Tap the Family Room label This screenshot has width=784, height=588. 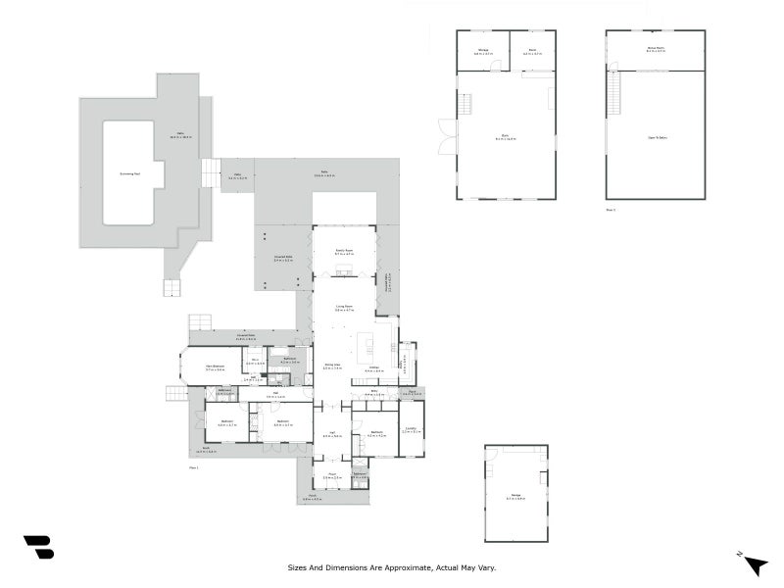coord(343,252)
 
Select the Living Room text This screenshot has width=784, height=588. coord(343,308)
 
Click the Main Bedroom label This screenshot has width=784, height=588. coord(215,368)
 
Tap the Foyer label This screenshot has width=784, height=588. coord(332,476)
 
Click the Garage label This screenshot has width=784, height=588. coord(515,497)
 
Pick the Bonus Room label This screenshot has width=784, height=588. coord(655,48)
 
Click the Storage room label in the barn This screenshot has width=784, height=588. coord(482,50)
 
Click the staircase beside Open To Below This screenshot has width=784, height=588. coord(614,96)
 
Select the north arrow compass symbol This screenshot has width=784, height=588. coord(755,563)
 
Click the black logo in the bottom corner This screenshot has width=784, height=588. coord(38,548)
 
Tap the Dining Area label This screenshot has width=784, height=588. coord(332,367)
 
